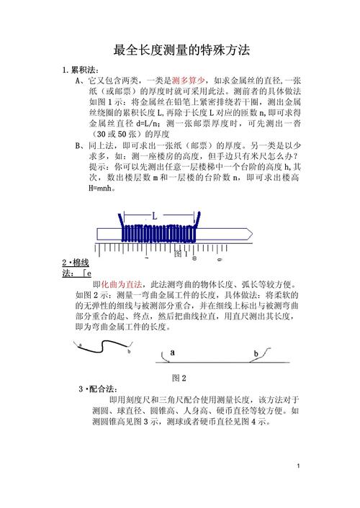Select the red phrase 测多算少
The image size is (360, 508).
pyautogui.click(x=189, y=81)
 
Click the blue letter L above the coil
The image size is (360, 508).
pyautogui.click(x=154, y=215)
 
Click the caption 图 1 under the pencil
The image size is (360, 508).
pyautogui.click(x=181, y=254)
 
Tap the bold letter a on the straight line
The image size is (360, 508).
pyautogui.click(x=172, y=353)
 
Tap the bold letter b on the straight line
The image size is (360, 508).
pyautogui.click(x=256, y=353)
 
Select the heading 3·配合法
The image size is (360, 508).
pyautogui.click(x=102, y=389)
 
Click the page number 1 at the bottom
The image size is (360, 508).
pyautogui.click(x=298, y=488)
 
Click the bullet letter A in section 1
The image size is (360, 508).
pyautogui.click(x=78, y=81)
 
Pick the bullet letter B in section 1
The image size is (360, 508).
pyautogui.click(x=78, y=145)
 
